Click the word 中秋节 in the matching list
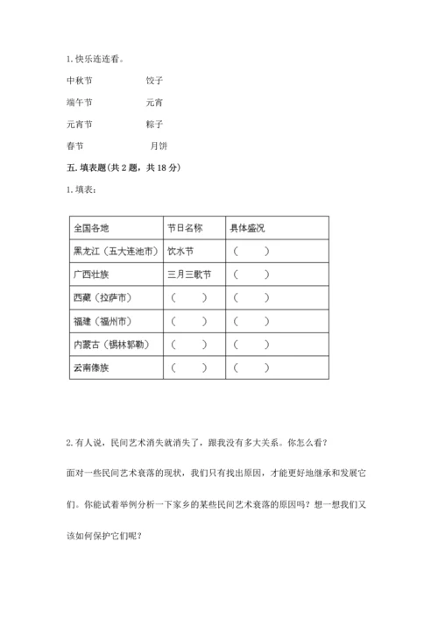pos(80,80)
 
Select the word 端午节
pos(80,102)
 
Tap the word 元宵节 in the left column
pos(80,125)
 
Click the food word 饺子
pos(155,80)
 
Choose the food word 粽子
pos(155,125)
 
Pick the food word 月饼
pos(159,146)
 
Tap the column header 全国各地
pos(92,228)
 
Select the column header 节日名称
pos(186,228)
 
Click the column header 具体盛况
pos(248,228)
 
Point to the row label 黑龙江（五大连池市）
pos(117,251)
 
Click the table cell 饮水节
pos(182,251)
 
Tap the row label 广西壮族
pos(93,274)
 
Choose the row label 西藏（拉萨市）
pos(102,298)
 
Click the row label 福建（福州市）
pos(102,321)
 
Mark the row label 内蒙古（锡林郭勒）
pos(110,345)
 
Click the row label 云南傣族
pos(93,368)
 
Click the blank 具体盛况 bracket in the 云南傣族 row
pos(251,368)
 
